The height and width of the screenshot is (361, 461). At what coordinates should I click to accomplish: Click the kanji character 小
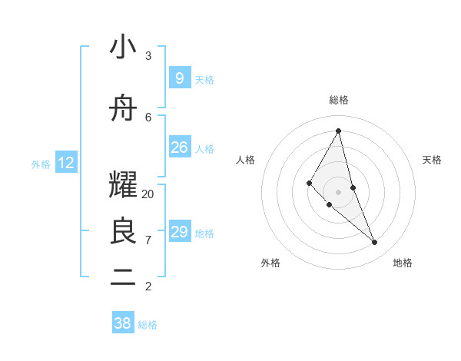123,47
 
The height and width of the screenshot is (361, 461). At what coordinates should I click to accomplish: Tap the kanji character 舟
123,108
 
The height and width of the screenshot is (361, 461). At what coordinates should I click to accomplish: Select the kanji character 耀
123,185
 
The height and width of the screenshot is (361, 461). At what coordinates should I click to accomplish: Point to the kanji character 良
123,231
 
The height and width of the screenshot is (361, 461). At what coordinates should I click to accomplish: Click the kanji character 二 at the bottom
123,278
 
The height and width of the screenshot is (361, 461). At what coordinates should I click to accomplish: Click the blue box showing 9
179,78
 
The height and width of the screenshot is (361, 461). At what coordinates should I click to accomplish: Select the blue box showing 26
179,147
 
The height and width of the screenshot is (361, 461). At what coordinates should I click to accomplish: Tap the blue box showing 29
179,232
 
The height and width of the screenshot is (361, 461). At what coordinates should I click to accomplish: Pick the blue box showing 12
66,163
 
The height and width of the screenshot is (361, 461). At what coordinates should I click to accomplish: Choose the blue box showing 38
123,323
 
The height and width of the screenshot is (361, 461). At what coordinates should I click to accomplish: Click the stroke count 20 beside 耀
148,194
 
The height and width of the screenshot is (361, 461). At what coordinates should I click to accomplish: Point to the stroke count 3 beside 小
148,56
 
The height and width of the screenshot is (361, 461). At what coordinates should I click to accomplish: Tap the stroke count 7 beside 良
148,240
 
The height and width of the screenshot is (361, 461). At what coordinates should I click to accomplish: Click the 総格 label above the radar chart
338,100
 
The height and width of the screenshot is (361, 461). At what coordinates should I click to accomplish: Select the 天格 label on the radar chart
432,160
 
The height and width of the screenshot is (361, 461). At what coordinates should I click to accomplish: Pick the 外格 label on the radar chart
270,263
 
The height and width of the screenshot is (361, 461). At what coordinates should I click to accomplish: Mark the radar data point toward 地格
375,243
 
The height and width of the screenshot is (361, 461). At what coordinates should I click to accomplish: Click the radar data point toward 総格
338,131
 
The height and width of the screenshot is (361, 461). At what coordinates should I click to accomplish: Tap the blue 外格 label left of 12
41,164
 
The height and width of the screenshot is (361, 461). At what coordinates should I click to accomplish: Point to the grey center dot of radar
338,191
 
